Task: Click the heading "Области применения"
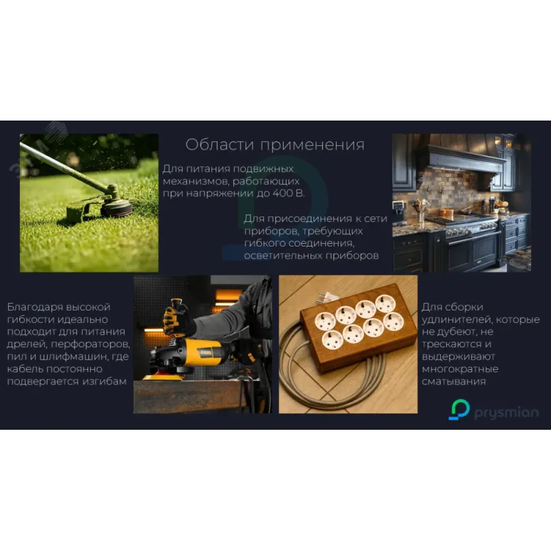[x=275, y=145]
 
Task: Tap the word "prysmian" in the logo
[x=506, y=413]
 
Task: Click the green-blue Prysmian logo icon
[x=459, y=409]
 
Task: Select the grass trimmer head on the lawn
[x=116, y=206]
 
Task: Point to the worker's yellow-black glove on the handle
[x=177, y=318]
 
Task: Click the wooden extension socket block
[x=358, y=328]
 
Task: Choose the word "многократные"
[x=460, y=369]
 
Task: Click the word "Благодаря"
[x=35, y=307]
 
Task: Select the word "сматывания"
[x=454, y=382]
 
